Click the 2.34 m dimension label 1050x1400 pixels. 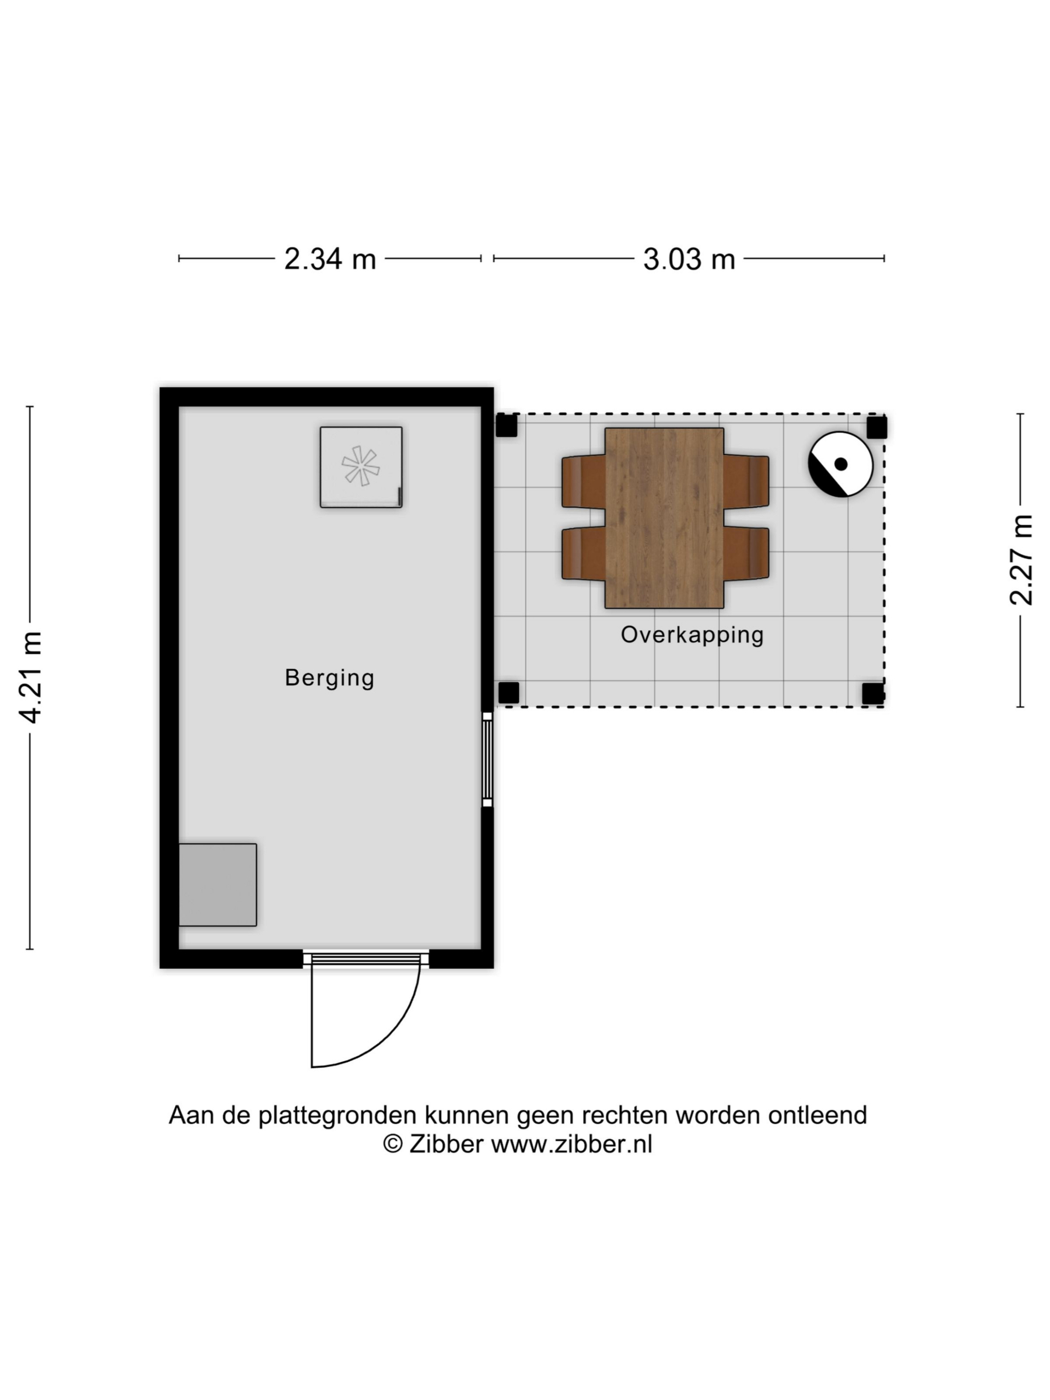330,259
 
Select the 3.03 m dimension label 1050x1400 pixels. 689,259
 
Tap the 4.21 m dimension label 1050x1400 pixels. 31,677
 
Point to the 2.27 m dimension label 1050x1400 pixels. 1021,560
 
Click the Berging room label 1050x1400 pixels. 329,678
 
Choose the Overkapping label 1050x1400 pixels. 692,635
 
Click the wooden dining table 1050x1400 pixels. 664,518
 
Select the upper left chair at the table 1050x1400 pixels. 584,481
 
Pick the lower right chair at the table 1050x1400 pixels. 747,553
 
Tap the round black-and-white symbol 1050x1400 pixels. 841,464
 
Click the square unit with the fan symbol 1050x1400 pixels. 361,467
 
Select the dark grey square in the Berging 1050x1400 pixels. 218,885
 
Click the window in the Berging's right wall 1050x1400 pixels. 487,759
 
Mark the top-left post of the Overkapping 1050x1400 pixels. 506,425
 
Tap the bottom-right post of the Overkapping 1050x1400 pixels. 873,693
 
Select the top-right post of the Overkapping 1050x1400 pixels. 877,427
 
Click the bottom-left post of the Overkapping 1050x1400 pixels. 509,693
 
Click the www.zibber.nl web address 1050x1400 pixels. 571,1144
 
